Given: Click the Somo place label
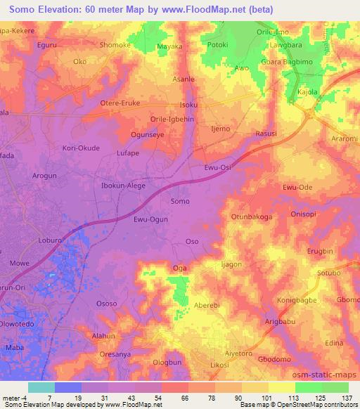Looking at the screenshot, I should (x=180, y=201).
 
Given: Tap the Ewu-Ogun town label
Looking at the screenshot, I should (x=150, y=220).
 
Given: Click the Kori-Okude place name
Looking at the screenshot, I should (x=81, y=148).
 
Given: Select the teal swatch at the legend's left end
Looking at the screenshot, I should (x=41, y=387).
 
